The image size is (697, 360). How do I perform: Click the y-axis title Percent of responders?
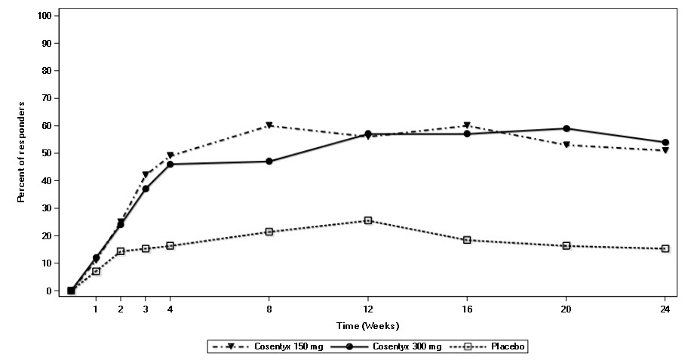click(22, 152)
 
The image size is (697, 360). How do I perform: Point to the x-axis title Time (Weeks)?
click(368, 326)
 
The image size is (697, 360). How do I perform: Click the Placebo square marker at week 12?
click(368, 220)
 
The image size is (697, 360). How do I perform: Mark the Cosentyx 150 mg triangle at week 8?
click(269, 126)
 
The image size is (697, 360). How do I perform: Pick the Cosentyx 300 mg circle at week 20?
click(567, 128)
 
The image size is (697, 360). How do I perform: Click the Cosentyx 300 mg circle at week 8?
click(269, 162)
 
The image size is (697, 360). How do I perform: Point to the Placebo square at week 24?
click(665, 248)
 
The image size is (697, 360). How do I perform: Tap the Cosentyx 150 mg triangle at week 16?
click(467, 126)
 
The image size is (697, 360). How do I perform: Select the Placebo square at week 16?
click(467, 240)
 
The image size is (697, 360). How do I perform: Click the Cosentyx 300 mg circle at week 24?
click(665, 142)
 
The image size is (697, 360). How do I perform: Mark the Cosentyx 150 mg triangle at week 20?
click(567, 145)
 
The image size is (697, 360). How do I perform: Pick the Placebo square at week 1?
click(96, 271)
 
